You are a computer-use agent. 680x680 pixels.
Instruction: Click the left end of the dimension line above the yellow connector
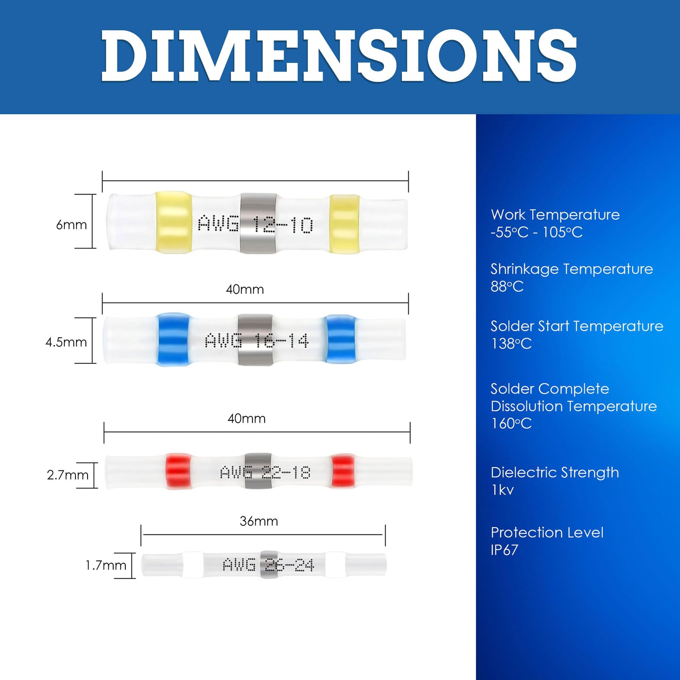point(102,181)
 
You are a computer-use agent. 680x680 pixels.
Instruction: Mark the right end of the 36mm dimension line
point(385,535)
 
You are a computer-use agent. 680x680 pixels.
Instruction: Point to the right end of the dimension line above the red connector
point(410,432)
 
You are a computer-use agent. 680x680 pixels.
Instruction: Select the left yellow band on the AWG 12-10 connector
point(174,223)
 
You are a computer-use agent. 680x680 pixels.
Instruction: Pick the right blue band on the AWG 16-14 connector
point(340,339)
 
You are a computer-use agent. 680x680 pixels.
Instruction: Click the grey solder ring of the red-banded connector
point(258,471)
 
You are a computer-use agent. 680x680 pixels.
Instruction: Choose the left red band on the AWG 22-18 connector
point(179,471)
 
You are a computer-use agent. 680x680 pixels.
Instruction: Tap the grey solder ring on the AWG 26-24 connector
point(269,565)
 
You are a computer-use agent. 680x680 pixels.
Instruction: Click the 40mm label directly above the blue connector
point(245,289)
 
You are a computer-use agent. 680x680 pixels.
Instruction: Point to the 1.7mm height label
point(106,565)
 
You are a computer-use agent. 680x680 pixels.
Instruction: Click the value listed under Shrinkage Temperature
point(507,287)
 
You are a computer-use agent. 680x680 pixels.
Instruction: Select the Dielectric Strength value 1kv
point(502,490)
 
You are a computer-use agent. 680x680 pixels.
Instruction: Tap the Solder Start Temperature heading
point(577,326)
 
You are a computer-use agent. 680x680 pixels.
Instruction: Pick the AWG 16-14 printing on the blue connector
point(256,341)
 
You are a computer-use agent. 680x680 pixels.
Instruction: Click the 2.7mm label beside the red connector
point(67,475)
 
